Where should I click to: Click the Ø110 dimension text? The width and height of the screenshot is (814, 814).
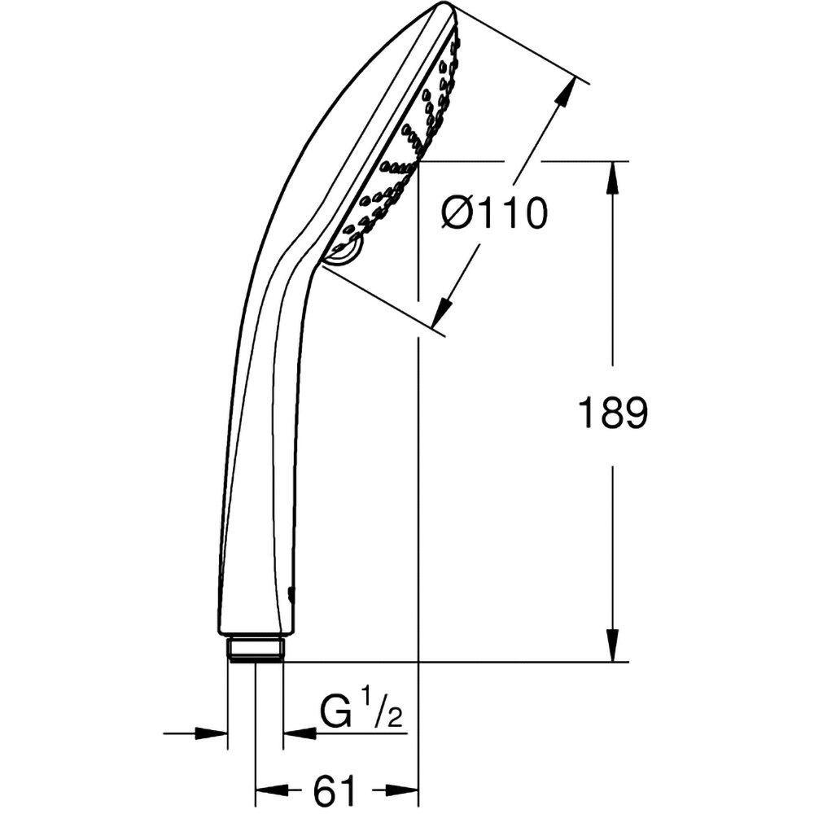pyautogui.click(x=494, y=214)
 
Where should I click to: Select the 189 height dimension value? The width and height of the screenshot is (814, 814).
pyautogui.click(x=612, y=414)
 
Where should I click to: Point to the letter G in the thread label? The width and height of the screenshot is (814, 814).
pyautogui.click(x=335, y=716)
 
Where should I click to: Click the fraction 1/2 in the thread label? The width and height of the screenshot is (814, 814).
pyautogui.click(x=382, y=707)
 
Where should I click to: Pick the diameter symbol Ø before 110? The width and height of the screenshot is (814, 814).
pyautogui.click(x=457, y=214)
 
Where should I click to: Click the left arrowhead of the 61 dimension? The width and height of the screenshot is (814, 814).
pyautogui.click(x=271, y=790)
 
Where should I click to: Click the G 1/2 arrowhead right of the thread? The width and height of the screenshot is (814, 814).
pyautogui.click(x=299, y=733)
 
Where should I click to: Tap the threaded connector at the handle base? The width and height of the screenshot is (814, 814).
pyautogui.click(x=256, y=648)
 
